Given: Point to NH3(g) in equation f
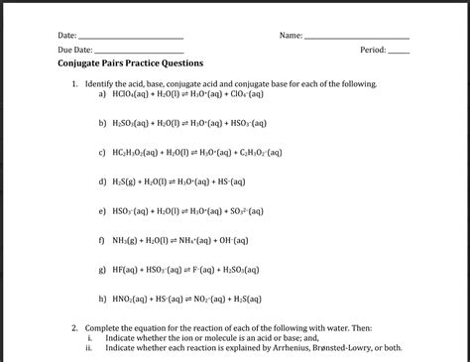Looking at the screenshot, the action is pyautogui.click(x=129, y=241).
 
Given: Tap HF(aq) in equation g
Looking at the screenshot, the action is pyautogui.click(x=127, y=270).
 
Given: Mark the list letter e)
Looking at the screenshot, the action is pyautogui.click(x=102, y=211).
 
